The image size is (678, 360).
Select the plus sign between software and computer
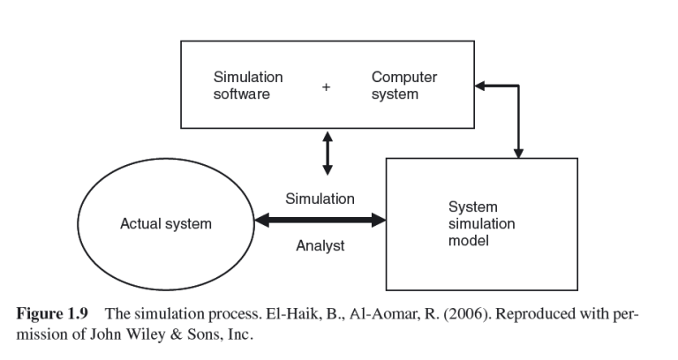(326, 86)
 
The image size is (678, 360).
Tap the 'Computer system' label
(403, 86)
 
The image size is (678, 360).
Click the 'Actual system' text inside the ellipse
(166, 224)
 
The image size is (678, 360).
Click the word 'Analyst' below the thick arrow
(320, 246)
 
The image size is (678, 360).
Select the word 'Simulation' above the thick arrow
(320, 199)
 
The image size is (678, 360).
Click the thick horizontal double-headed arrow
(320, 221)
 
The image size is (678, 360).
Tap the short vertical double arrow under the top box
(328, 153)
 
